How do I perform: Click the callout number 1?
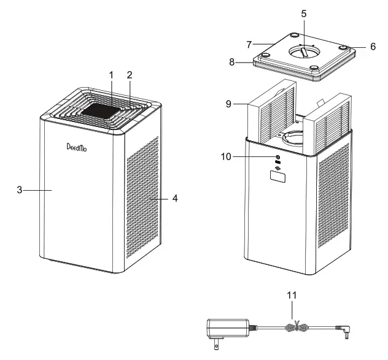click(111, 75)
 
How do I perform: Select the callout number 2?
click(130, 75)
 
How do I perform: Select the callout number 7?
click(249, 45)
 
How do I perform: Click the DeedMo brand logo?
click(77, 147)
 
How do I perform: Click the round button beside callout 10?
click(278, 157)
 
